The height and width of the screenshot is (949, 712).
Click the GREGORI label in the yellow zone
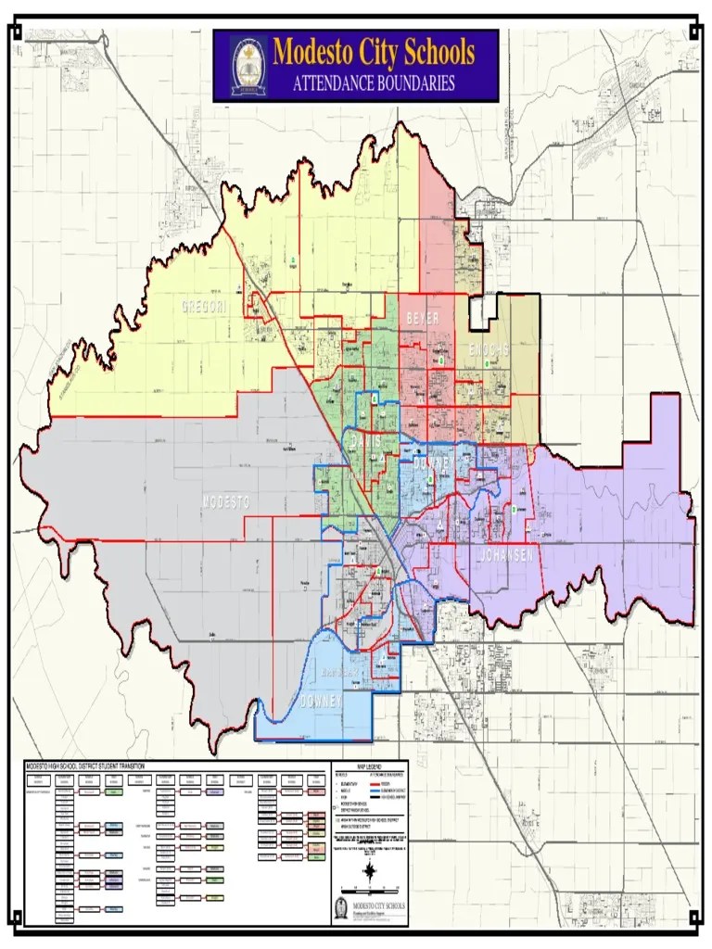tap(204, 307)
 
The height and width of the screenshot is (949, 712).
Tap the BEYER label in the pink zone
tap(422, 318)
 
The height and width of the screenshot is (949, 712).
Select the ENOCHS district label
tap(489, 349)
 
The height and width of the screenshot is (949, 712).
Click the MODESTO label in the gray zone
tap(226, 501)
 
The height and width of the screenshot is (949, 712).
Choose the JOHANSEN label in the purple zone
tap(506, 555)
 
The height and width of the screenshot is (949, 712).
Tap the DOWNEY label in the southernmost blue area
tap(321, 702)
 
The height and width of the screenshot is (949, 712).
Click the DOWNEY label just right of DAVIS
tap(432, 462)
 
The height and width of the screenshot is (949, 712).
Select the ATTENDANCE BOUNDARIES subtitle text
tap(374, 83)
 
